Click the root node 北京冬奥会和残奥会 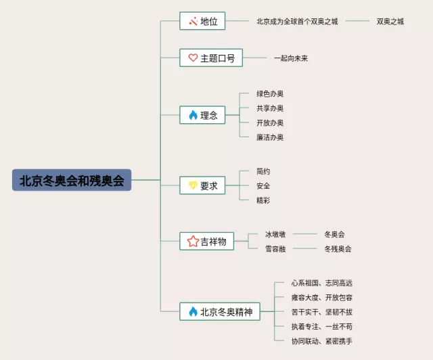click(x=72, y=180)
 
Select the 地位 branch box click(x=203, y=21)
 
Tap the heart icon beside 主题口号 click(x=193, y=58)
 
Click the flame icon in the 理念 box click(x=193, y=116)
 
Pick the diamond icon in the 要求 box click(x=193, y=185)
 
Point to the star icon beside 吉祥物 click(x=193, y=241)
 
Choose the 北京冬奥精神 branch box click(x=220, y=312)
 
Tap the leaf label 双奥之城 click(x=390, y=22)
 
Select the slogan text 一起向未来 click(x=291, y=58)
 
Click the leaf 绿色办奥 click(x=270, y=93)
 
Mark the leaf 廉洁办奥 click(x=270, y=137)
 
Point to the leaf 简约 click(x=263, y=171)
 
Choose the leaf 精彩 click(x=263, y=200)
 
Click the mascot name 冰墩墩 click(x=275, y=234)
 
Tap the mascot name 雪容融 click(x=275, y=249)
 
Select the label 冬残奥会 click(x=338, y=249)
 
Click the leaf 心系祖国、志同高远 click(x=322, y=283)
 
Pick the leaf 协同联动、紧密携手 click(x=322, y=341)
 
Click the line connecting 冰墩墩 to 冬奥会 click(x=304, y=234)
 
